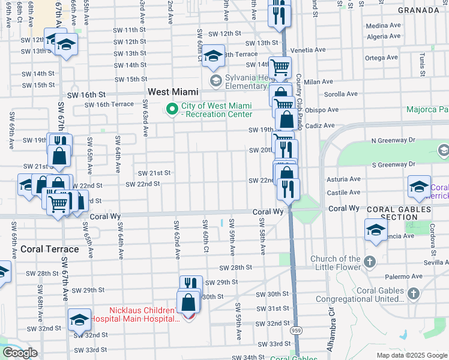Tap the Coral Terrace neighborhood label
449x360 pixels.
pos(49,248)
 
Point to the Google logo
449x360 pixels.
pos(20,353)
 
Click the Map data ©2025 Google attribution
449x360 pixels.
pos(412,355)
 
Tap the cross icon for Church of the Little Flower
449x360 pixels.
pos(369,262)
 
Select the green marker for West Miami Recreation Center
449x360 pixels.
pos(172,109)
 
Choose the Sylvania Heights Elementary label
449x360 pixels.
pos(246,82)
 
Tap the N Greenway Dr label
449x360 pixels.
pos(393,140)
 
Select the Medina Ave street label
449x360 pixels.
pos(378,26)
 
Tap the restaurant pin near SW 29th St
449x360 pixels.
pos(190,283)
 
